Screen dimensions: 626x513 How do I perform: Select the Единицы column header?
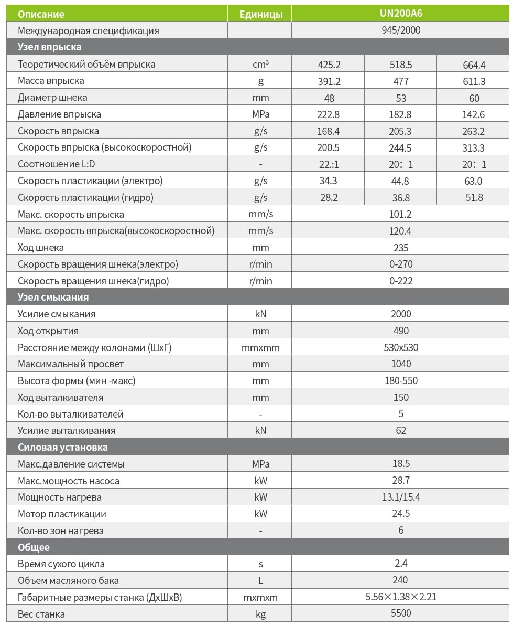[x=260, y=14]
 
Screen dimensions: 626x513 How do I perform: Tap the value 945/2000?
[x=401, y=30]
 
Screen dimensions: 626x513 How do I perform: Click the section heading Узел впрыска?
[x=50, y=47]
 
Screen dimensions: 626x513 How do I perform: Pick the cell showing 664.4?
[x=474, y=65]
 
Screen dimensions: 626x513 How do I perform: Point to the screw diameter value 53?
[x=401, y=98]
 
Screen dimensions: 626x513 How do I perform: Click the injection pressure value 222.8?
[x=329, y=114]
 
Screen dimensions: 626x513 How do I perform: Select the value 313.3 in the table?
[x=474, y=147]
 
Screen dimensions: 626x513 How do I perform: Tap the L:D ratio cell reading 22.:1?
[x=329, y=164]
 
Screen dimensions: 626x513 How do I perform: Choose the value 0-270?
[x=401, y=264]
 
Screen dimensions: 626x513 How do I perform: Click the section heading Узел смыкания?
[x=53, y=297]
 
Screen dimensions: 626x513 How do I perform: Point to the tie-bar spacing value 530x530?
[x=401, y=347]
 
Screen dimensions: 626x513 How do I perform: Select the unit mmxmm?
[x=260, y=347]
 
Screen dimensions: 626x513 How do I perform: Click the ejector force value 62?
[x=401, y=431]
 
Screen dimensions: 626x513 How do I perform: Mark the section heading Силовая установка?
[x=63, y=448]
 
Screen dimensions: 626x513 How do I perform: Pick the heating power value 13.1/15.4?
[x=401, y=497]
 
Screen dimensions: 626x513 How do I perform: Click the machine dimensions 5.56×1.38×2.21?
[x=401, y=597]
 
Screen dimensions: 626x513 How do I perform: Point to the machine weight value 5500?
[x=401, y=614]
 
